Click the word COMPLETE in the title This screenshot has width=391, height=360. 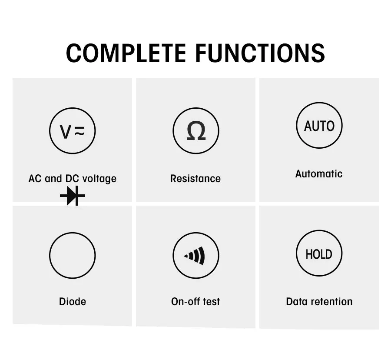tap(126, 53)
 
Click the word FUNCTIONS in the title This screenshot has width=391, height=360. tap(260, 53)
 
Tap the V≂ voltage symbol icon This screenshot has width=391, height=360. tap(72, 131)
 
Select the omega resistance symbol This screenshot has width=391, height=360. tap(196, 131)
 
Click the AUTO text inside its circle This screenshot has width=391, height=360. tap(319, 126)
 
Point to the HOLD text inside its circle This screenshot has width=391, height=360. tap(319, 254)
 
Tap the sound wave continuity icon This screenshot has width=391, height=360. tap(195, 256)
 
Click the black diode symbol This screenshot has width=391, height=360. tap(73, 196)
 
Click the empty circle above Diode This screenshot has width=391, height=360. tap(72, 255)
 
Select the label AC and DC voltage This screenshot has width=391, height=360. tap(72, 179)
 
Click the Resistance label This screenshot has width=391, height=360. tap(195, 179)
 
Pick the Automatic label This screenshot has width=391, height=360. tap(319, 174)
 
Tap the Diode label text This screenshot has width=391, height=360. tap(73, 302)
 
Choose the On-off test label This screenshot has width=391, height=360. tap(195, 302)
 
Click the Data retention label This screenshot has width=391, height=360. tap(319, 302)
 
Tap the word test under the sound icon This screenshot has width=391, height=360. tap(212, 302)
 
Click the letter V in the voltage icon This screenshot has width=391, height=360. tap(65, 132)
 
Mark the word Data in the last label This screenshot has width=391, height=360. tap(296, 302)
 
